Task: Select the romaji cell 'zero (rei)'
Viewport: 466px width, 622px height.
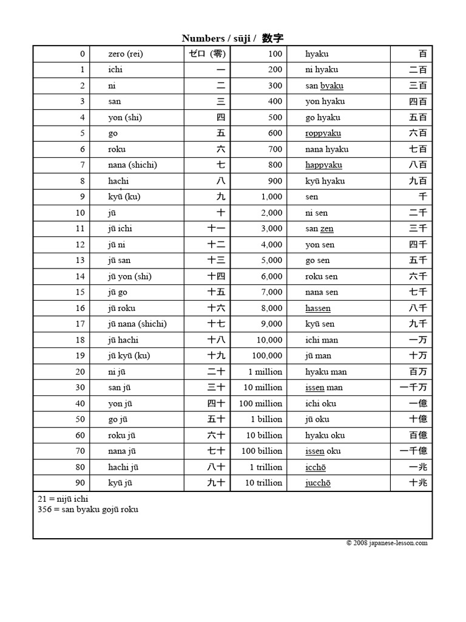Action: pyautogui.click(x=126, y=54)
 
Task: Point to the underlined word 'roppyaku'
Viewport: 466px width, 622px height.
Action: pyautogui.click(x=323, y=134)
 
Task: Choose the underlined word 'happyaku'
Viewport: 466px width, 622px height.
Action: pyautogui.click(x=323, y=165)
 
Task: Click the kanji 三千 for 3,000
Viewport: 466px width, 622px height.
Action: pyautogui.click(x=417, y=229)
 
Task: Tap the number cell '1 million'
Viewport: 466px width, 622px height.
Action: pyautogui.click(x=265, y=372)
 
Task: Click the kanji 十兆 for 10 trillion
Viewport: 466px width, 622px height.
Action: pyautogui.click(x=417, y=484)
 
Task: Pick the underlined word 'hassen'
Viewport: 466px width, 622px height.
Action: pyautogui.click(x=318, y=309)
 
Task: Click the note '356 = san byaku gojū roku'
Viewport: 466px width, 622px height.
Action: pyautogui.click(x=87, y=509)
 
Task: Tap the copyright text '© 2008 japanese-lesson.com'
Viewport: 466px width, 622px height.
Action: pyautogui.click(x=387, y=543)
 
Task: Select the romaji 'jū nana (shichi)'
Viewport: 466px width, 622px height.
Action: pyautogui.click(x=137, y=324)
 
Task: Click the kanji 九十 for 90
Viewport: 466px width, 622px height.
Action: pyautogui.click(x=217, y=484)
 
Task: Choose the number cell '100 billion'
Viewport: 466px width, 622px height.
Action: pyautogui.click(x=262, y=451)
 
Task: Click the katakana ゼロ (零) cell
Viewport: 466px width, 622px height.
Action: pyautogui.click(x=207, y=54)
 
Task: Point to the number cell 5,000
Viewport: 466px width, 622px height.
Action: pyautogui.click(x=271, y=261)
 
